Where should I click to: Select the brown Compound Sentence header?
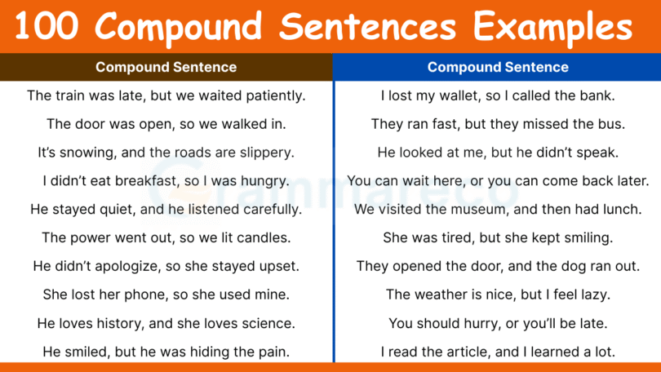point(166,67)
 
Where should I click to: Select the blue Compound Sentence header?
point(498,67)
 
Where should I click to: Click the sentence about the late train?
point(166,95)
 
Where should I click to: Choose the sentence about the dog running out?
point(498,266)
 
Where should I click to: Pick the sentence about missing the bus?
point(498,124)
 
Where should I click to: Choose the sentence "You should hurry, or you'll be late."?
point(498,323)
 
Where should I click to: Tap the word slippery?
point(265,153)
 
